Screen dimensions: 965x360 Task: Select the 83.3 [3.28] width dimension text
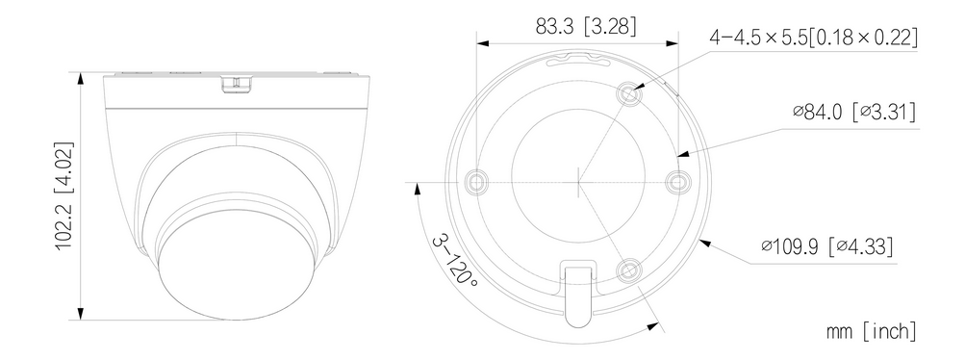coord(586,26)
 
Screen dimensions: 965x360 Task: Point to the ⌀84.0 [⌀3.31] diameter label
coord(854,112)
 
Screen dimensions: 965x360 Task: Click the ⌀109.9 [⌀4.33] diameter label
coord(826,246)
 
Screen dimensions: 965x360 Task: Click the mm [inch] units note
coord(871,331)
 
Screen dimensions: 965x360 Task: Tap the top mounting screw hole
coord(628,93)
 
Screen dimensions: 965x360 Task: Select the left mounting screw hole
coord(477,182)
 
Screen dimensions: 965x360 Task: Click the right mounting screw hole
coord(677,182)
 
